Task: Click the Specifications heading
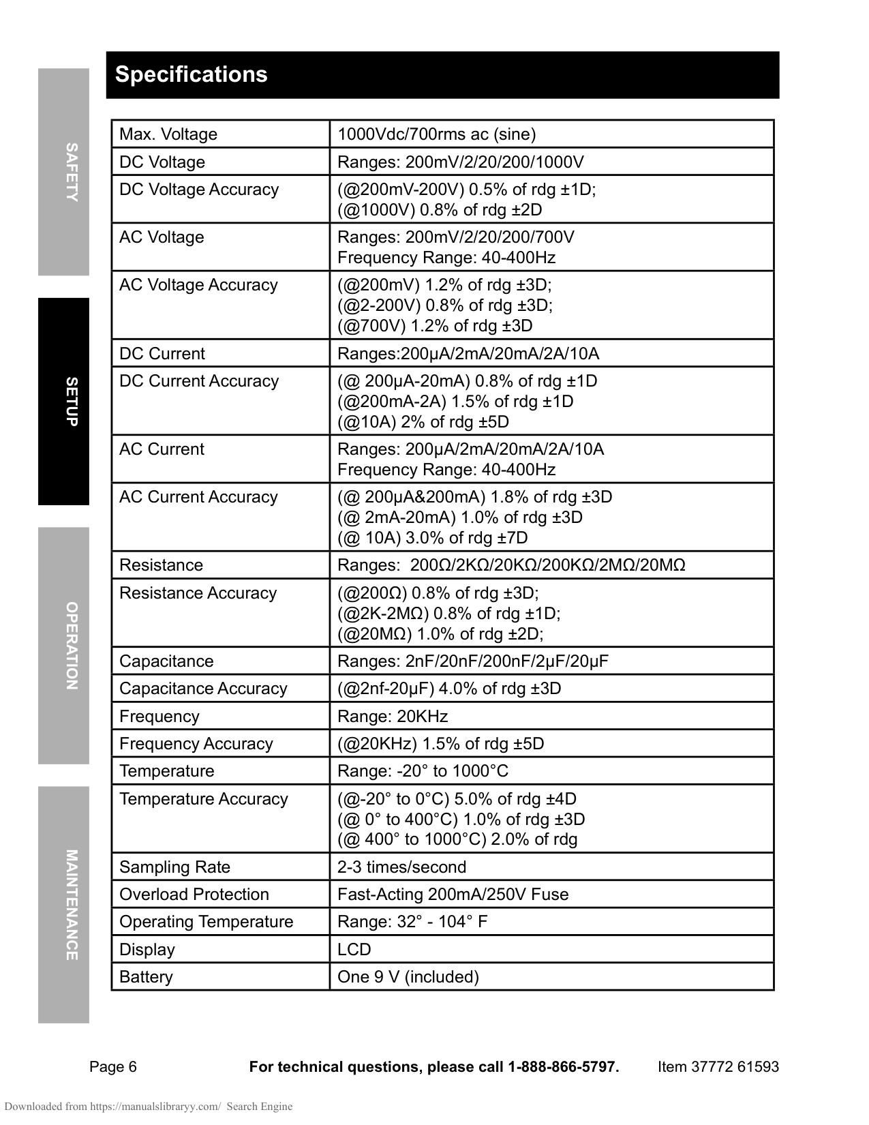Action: (x=191, y=74)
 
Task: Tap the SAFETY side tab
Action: (x=71, y=172)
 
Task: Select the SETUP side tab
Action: (x=71, y=402)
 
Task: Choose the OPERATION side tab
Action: (x=71, y=646)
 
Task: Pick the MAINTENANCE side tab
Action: (x=71, y=905)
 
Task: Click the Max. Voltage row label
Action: (x=168, y=134)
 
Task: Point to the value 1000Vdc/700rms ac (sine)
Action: (x=437, y=134)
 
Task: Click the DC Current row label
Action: (x=162, y=354)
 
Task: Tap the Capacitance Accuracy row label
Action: (x=203, y=689)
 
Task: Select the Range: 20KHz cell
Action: (x=393, y=717)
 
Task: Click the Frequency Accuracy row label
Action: (x=196, y=744)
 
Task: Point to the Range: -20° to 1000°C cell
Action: (x=423, y=771)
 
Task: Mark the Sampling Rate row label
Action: (x=175, y=867)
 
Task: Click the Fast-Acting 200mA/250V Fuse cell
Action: (x=453, y=895)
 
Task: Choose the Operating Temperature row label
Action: (x=207, y=922)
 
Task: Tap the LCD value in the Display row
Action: (x=354, y=950)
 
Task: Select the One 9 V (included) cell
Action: (x=408, y=977)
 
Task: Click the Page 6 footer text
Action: (x=113, y=1067)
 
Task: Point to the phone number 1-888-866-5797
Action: (x=563, y=1067)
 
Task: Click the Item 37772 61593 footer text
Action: (x=718, y=1067)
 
